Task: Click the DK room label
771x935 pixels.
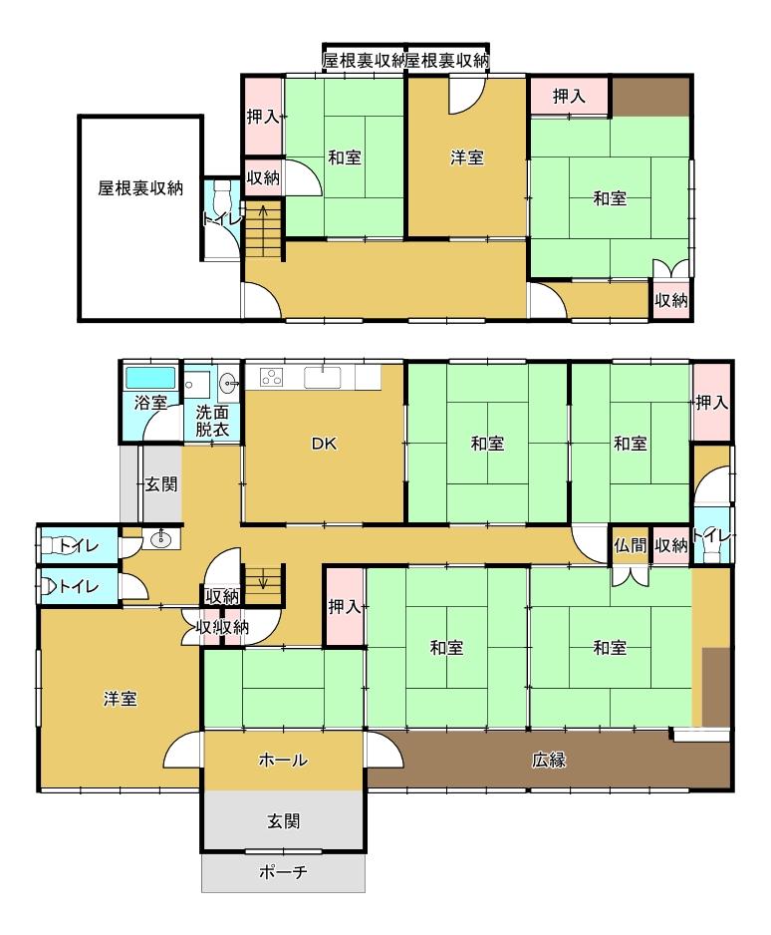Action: point(324,444)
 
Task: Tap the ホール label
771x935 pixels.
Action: point(283,760)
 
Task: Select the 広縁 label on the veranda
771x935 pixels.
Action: point(549,760)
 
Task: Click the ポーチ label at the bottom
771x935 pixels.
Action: point(283,872)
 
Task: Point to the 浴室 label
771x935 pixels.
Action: point(150,403)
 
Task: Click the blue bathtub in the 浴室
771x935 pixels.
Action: point(150,378)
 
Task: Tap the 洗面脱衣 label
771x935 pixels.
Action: point(212,422)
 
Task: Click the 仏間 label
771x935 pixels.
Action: point(630,545)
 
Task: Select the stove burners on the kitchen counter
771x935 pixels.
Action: point(272,378)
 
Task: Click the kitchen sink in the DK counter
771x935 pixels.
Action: point(323,378)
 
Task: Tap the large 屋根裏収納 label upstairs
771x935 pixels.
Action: point(140,188)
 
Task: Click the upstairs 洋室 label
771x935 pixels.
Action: point(467,158)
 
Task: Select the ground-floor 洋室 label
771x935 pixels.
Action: point(121,699)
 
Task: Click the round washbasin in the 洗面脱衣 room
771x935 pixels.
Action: point(228,381)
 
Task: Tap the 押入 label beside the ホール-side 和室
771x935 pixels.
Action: point(345,607)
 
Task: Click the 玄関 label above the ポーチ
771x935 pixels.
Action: point(283,821)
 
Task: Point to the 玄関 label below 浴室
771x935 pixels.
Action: point(161,484)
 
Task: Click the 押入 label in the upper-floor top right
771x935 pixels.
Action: point(569,96)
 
